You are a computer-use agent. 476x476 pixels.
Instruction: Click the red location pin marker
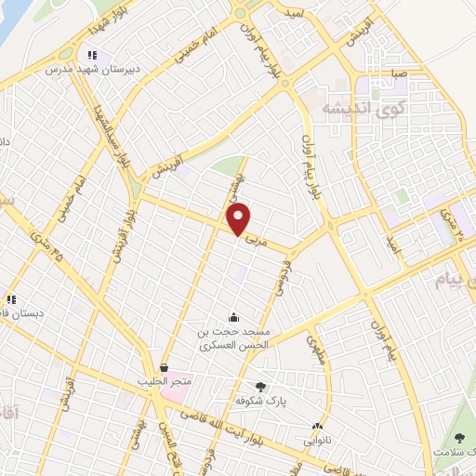(240, 219)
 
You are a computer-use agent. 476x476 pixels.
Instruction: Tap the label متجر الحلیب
(165, 382)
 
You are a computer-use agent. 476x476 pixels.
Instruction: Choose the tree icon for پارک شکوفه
(260, 387)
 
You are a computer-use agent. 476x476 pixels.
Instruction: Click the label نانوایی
(320, 432)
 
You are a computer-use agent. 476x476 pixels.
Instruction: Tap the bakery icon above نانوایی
(320, 418)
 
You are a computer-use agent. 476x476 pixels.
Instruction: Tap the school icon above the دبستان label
(12, 299)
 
